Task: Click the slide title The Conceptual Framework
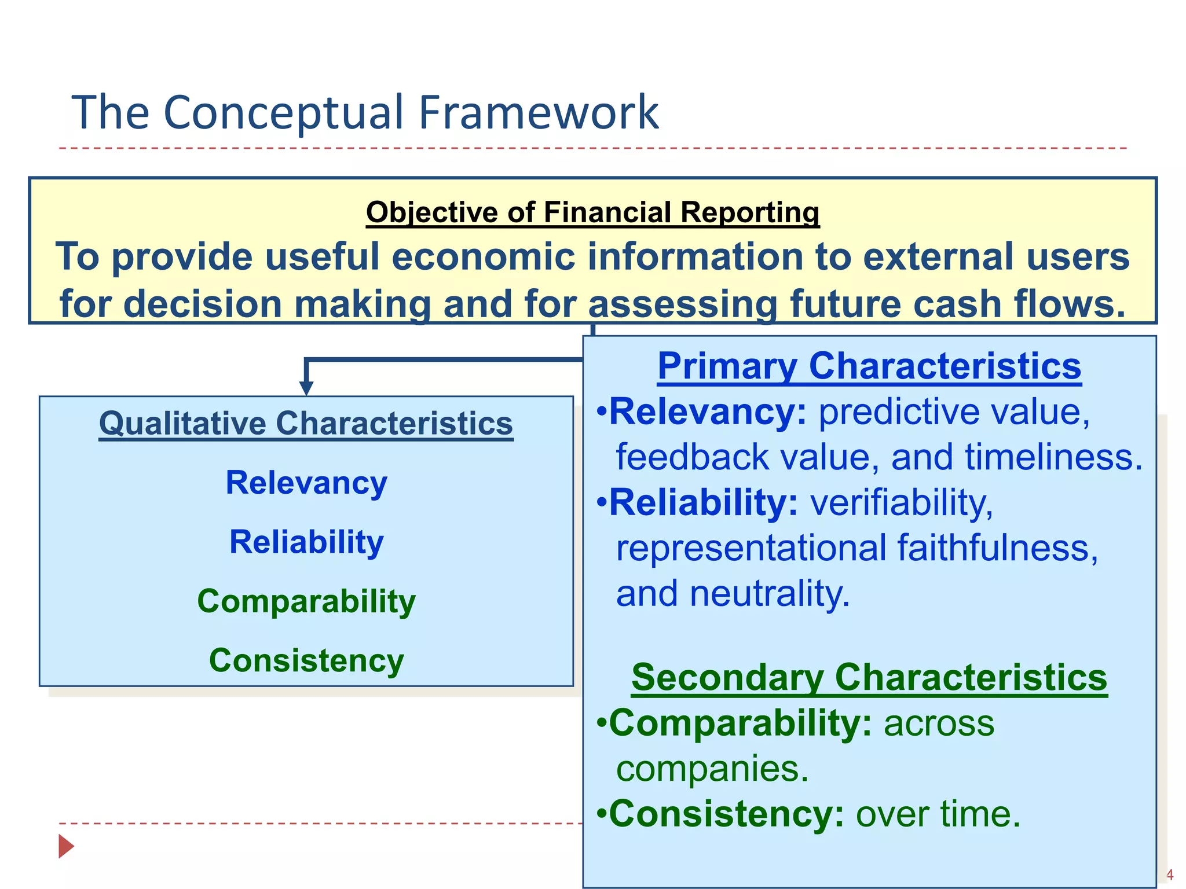[x=365, y=112]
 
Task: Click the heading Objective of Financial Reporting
[x=592, y=212]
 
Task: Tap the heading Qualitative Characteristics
[x=306, y=423]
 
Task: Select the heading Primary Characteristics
[x=869, y=366]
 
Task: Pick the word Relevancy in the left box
[x=306, y=483]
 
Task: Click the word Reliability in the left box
[x=306, y=542]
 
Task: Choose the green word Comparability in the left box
[x=306, y=601]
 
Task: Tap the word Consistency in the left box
[x=306, y=660]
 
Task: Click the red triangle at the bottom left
[x=65, y=846]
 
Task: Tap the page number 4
[x=1169, y=875]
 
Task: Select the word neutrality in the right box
[x=769, y=593]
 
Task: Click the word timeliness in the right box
[x=1053, y=457]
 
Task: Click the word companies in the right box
[x=711, y=769]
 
